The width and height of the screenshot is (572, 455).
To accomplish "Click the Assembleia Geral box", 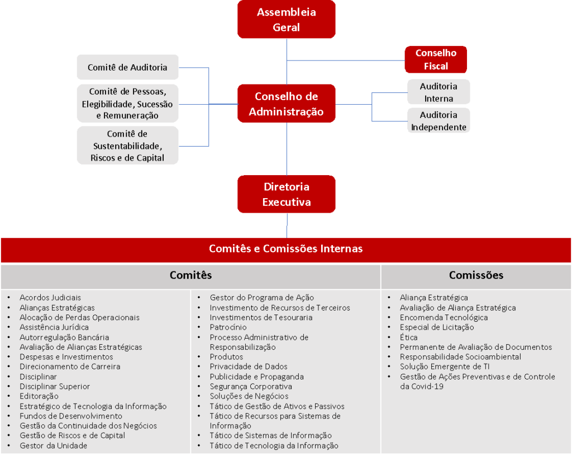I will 286,20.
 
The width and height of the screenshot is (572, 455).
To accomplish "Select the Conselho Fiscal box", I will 436,59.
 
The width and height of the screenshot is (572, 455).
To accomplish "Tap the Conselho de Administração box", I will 286,104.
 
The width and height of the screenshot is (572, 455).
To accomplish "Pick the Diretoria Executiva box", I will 286,194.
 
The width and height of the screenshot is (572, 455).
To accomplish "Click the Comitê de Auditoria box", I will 127,67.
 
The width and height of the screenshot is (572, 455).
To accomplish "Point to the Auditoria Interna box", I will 438,92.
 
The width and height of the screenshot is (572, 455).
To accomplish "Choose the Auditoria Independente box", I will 438,121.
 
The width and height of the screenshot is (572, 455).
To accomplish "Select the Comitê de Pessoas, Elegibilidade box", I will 127,104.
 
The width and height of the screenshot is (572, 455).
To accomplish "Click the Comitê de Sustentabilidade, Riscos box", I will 127,146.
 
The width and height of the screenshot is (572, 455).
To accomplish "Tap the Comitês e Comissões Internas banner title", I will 285,248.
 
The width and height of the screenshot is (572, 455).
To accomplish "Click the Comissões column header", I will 476,275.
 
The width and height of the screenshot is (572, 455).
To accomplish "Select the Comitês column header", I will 190,275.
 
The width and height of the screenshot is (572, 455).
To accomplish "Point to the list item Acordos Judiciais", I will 50,298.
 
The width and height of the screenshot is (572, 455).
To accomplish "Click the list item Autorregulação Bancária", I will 64,337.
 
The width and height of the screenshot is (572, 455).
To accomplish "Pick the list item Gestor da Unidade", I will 53,445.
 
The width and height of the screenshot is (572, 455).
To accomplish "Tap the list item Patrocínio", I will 228,327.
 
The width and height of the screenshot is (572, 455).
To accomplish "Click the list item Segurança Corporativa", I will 251,386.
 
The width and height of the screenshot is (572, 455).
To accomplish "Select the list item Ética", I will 408,337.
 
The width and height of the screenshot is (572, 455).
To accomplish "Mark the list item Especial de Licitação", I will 436,327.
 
